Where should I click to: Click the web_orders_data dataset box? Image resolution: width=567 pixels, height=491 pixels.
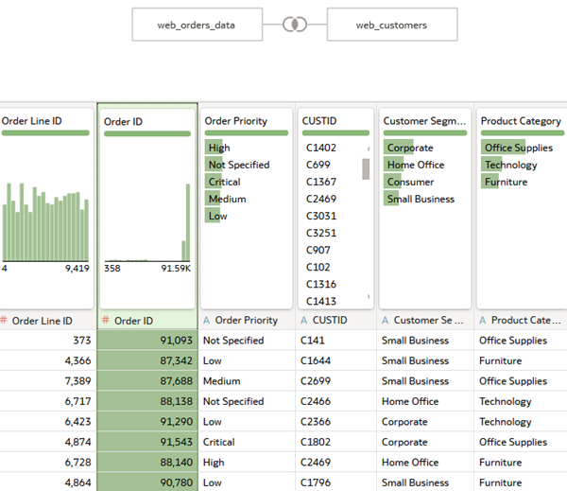(x=197, y=25)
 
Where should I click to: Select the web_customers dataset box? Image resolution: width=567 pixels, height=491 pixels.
(x=391, y=25)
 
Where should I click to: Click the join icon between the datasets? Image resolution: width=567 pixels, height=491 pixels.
(x=295, y=25)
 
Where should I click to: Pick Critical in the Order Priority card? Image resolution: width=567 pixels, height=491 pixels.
(x=224, y=182)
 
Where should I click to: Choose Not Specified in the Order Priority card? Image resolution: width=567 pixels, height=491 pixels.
(x=238, y=165)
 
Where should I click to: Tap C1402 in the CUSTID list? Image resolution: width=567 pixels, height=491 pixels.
(x=321, y=148)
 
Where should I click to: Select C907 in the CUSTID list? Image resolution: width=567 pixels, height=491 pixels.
(x=318, y=250)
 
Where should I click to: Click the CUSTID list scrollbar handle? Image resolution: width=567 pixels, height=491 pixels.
(x=366, y=168)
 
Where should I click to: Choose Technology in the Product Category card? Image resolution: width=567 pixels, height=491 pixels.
(x=510, y=165)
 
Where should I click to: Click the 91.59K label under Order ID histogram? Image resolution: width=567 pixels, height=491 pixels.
(x=175, y=269)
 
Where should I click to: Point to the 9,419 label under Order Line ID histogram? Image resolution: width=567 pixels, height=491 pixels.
(x=77, y=269)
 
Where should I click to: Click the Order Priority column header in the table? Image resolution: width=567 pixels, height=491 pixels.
(x=246, y=321)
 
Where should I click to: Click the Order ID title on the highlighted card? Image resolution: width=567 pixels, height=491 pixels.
(x=123, y=122)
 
